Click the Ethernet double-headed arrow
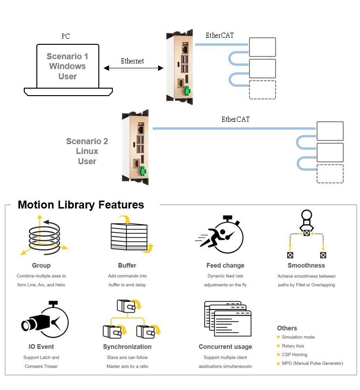133,68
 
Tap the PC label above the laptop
66,36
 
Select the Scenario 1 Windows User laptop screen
68,66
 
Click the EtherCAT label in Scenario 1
220,35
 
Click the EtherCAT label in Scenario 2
235,119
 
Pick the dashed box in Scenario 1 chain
262,90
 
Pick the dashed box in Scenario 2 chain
330,173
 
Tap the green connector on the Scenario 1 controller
187,91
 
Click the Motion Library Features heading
81,205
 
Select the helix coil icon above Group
41,236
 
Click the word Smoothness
306,265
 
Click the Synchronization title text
127,347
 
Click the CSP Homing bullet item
294,355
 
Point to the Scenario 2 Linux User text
87,151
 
